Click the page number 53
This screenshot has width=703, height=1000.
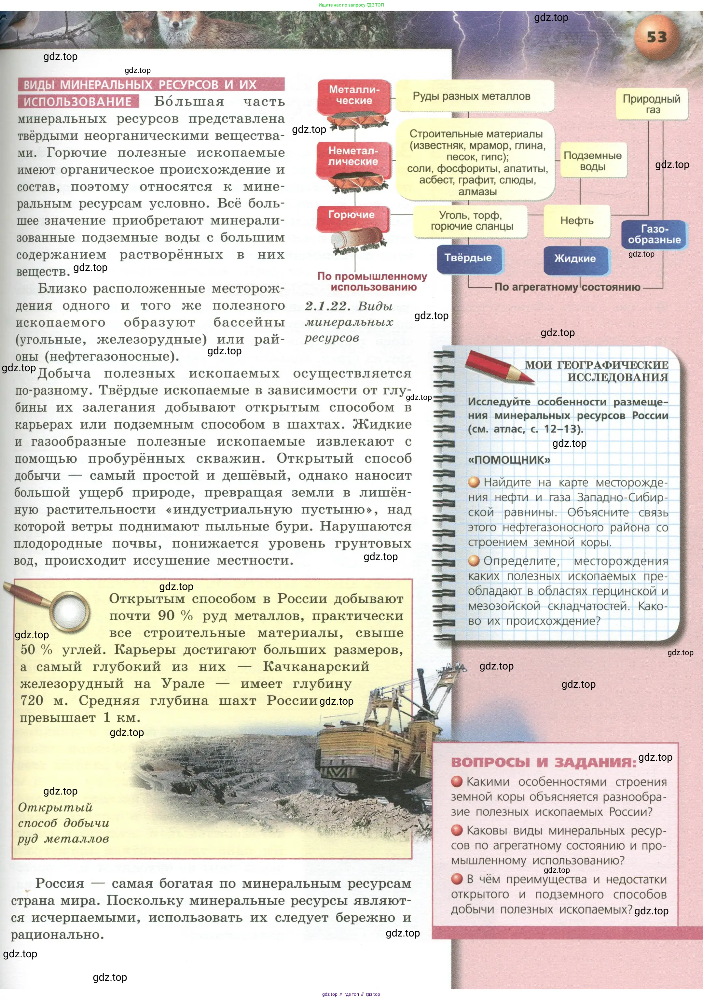pyautogui.click(x=656, y=37)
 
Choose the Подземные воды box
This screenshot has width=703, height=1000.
pyautogui.click(x=592, y=161)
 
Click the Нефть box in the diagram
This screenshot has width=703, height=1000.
pyautogui.click(x=577, y=221)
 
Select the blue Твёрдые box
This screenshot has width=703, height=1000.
pyautogui.click(x=468, y=258)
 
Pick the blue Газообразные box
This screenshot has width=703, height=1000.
pyautogui.click(x=654, y=234)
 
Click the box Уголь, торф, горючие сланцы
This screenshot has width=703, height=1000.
pyautogui.click(x=471, y=221)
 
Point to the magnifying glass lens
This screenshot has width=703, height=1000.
pyautogui.click(x=69, y=612)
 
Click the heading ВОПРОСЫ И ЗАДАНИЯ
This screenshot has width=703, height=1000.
pyautogui.click(x=543, y=763)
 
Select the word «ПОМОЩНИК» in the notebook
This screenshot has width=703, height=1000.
pyautogui.click(x=509, y=460)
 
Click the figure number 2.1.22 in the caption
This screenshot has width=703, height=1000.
pyautogui.click(x=327, y=306)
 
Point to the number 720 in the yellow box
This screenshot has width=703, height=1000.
pyautogui.click(x=32, y=700)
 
